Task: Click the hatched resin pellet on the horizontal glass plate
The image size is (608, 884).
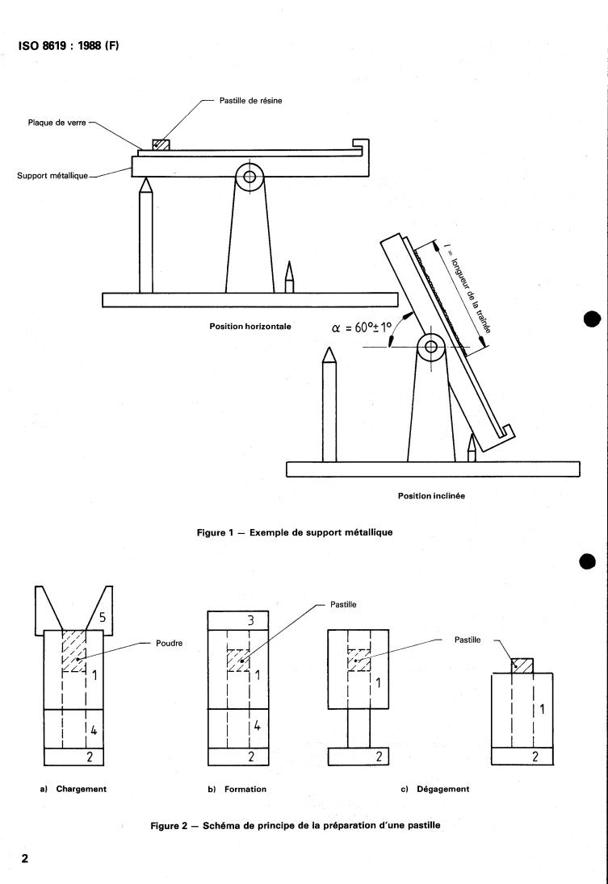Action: point(161,144)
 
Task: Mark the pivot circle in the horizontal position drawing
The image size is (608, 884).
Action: point(249,176)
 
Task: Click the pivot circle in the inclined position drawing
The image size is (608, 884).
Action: point(431,348)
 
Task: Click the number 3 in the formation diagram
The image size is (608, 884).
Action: point(250,619)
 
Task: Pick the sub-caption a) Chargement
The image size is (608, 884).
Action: point(73,790)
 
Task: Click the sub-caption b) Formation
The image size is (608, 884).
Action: point(237,790)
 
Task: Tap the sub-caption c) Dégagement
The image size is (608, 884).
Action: point(435,790)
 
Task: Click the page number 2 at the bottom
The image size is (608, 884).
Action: point(25,857)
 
